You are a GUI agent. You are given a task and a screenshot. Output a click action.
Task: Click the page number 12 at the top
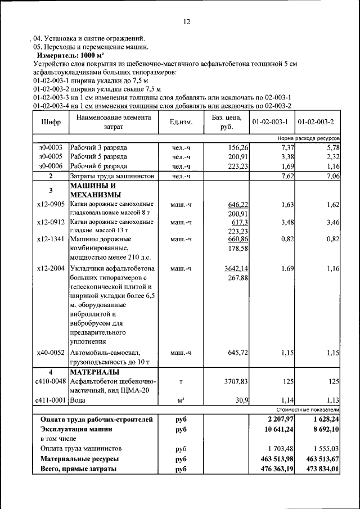[x=187, y=22]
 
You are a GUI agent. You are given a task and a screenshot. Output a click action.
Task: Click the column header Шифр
[x=50, y=122]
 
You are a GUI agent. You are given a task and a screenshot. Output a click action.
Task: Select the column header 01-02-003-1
[x=270, y=122]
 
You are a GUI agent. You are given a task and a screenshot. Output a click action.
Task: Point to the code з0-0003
[x=50, y=147]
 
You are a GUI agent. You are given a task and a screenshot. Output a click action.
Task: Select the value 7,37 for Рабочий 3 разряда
[x=286, y=147]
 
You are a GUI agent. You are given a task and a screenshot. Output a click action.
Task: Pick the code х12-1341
[x=50, y=239]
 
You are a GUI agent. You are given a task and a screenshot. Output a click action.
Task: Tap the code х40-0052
[x=50, y=353]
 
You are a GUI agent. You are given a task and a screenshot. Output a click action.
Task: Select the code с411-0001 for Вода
[x=50, y=400]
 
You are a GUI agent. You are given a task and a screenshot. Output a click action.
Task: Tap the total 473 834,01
[x=319, y=469]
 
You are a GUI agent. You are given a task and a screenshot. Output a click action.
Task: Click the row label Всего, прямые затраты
[x=79, y=469]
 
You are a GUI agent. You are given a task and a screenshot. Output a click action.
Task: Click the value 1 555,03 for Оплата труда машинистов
[x=321, y=449]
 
